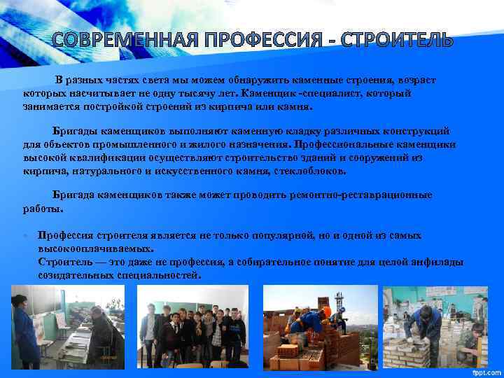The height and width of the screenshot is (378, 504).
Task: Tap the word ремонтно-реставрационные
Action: click(365, 195)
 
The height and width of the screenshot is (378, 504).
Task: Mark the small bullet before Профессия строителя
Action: click(26, 235)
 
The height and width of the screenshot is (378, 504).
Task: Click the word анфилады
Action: click(440, 262)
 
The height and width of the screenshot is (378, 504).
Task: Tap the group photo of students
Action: click(192, 326)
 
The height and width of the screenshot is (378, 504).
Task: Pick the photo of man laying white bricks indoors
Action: click(433, 326)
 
